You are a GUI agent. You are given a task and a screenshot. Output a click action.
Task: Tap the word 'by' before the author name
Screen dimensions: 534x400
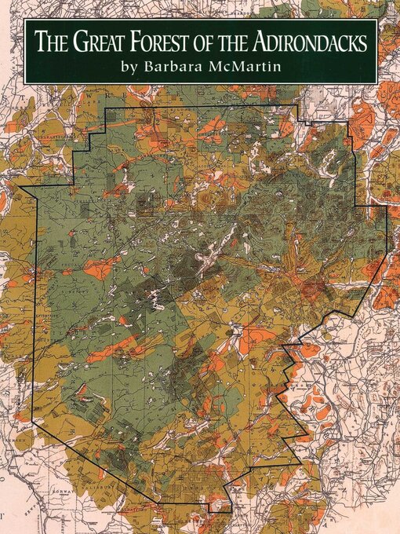(x=129, y=68)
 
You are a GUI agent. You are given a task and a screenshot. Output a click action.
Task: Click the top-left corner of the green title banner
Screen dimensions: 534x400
(x=24, y=20)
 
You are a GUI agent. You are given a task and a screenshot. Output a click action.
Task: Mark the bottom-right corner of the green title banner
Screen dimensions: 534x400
(x=377, y=83)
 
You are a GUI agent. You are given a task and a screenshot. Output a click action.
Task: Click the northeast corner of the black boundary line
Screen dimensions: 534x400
(x=298, y=105)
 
